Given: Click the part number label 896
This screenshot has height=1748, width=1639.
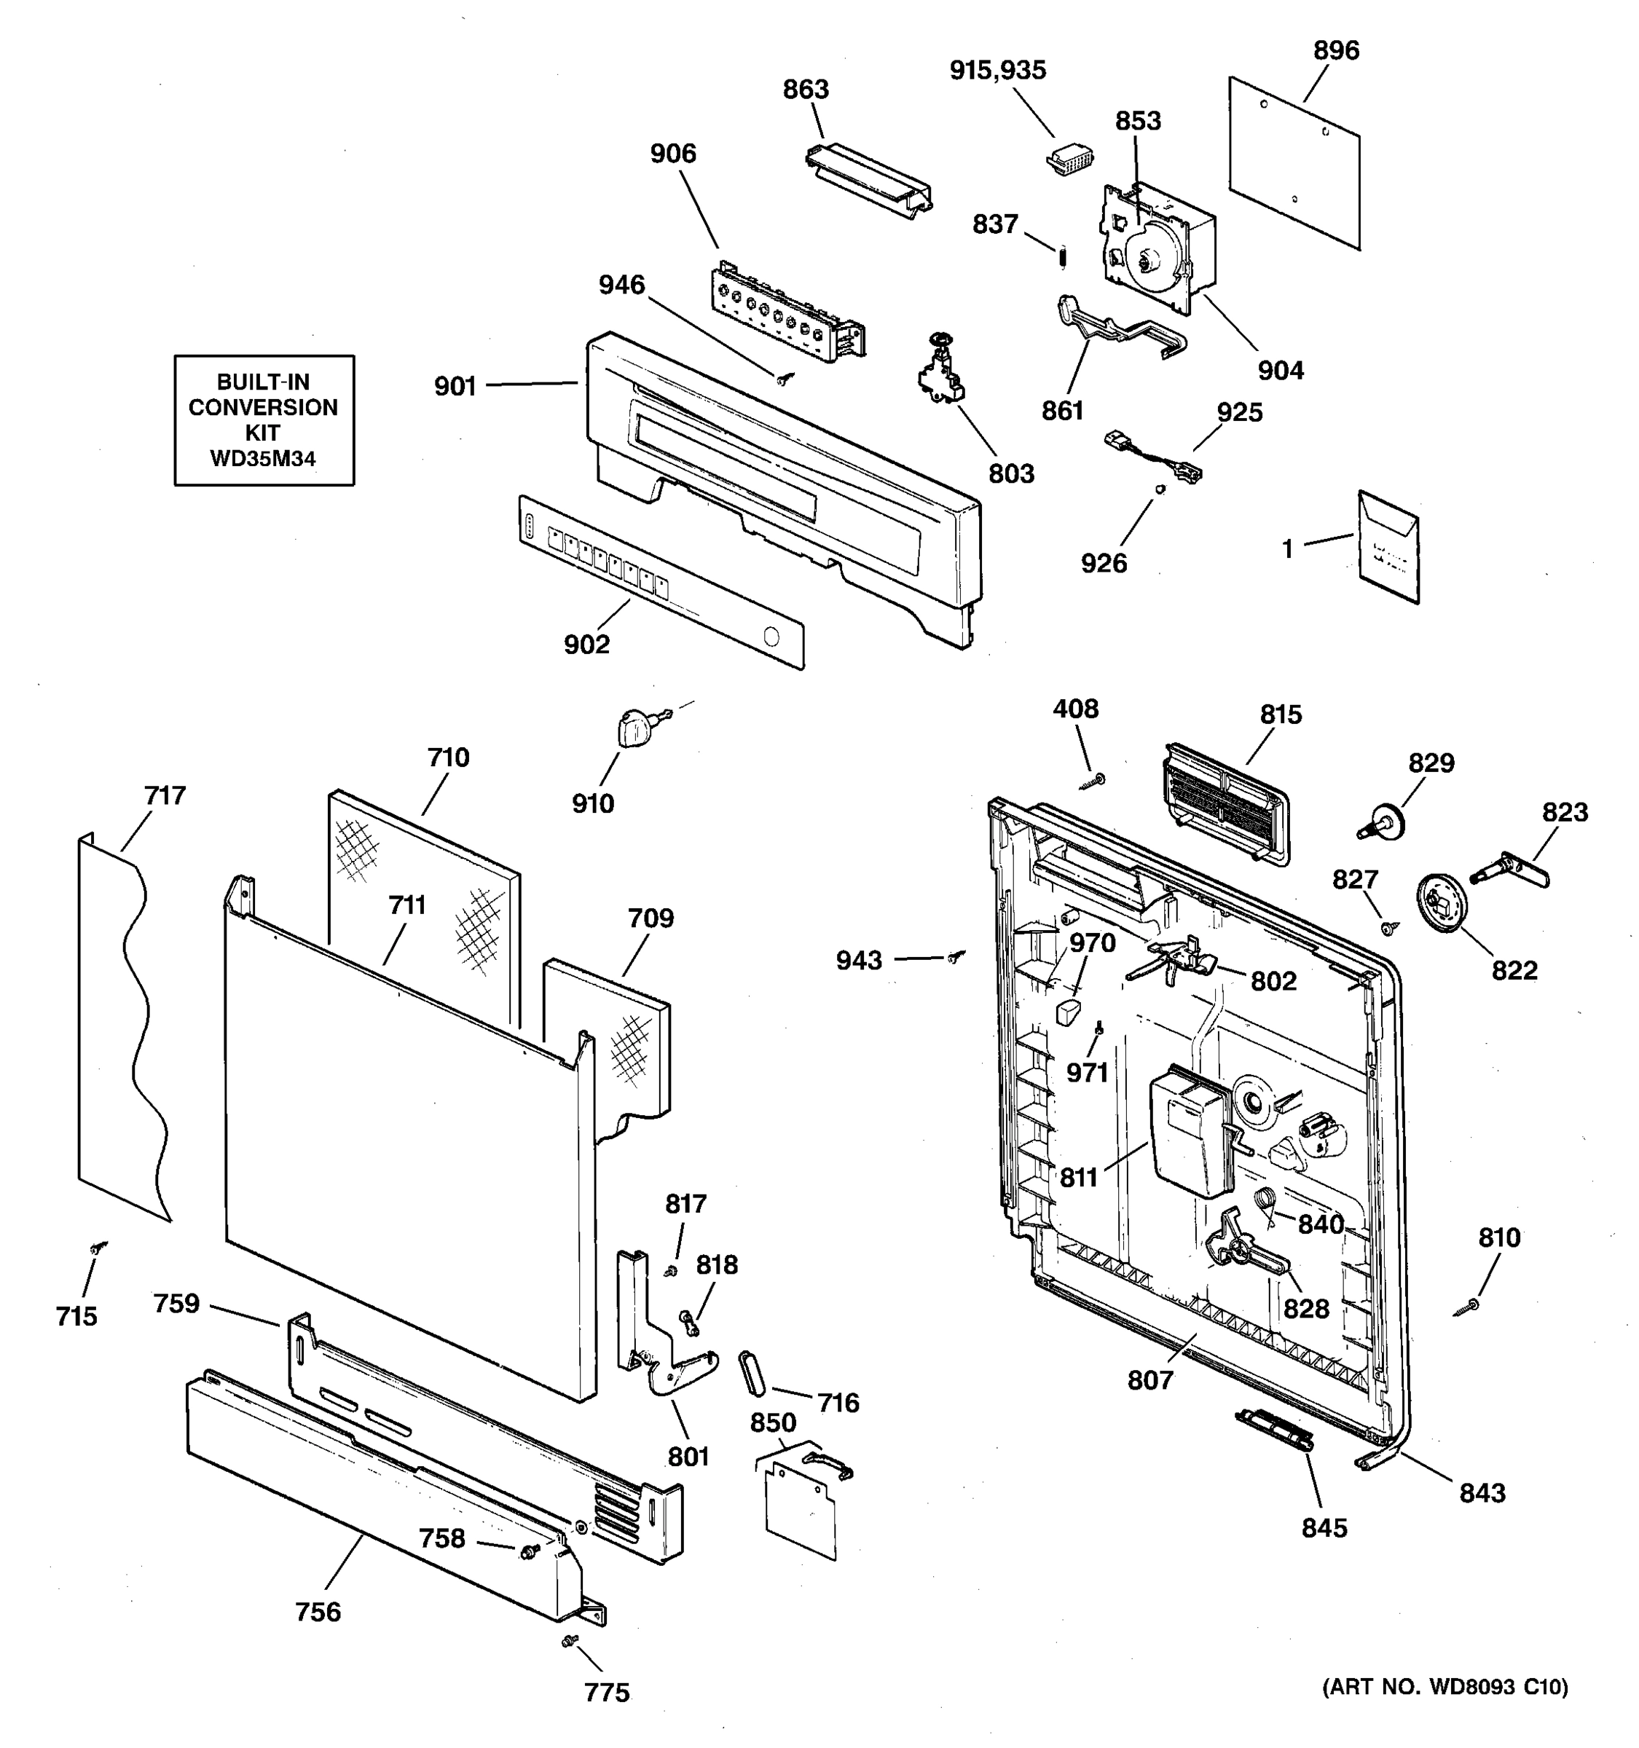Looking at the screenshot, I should [x=1336, y=51].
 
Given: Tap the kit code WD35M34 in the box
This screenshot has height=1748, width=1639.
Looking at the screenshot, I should [x=263, y=458].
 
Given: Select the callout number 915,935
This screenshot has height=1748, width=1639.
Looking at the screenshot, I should [x=997, y=71].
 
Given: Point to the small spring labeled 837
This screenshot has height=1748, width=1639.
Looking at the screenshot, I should [x=1062, y=257].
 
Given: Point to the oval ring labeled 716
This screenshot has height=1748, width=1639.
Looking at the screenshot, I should [x=752, y=1373].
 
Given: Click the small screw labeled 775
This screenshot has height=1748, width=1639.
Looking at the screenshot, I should [x=569, y=1640].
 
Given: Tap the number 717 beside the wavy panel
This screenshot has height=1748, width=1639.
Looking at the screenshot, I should [x=165, y=796].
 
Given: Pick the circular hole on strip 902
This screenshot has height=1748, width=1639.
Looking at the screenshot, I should [x=771, y=637].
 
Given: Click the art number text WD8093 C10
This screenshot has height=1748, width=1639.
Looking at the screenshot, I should [x=1496, y=1686].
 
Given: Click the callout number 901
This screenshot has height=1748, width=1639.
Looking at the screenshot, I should [x=455, y=387].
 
